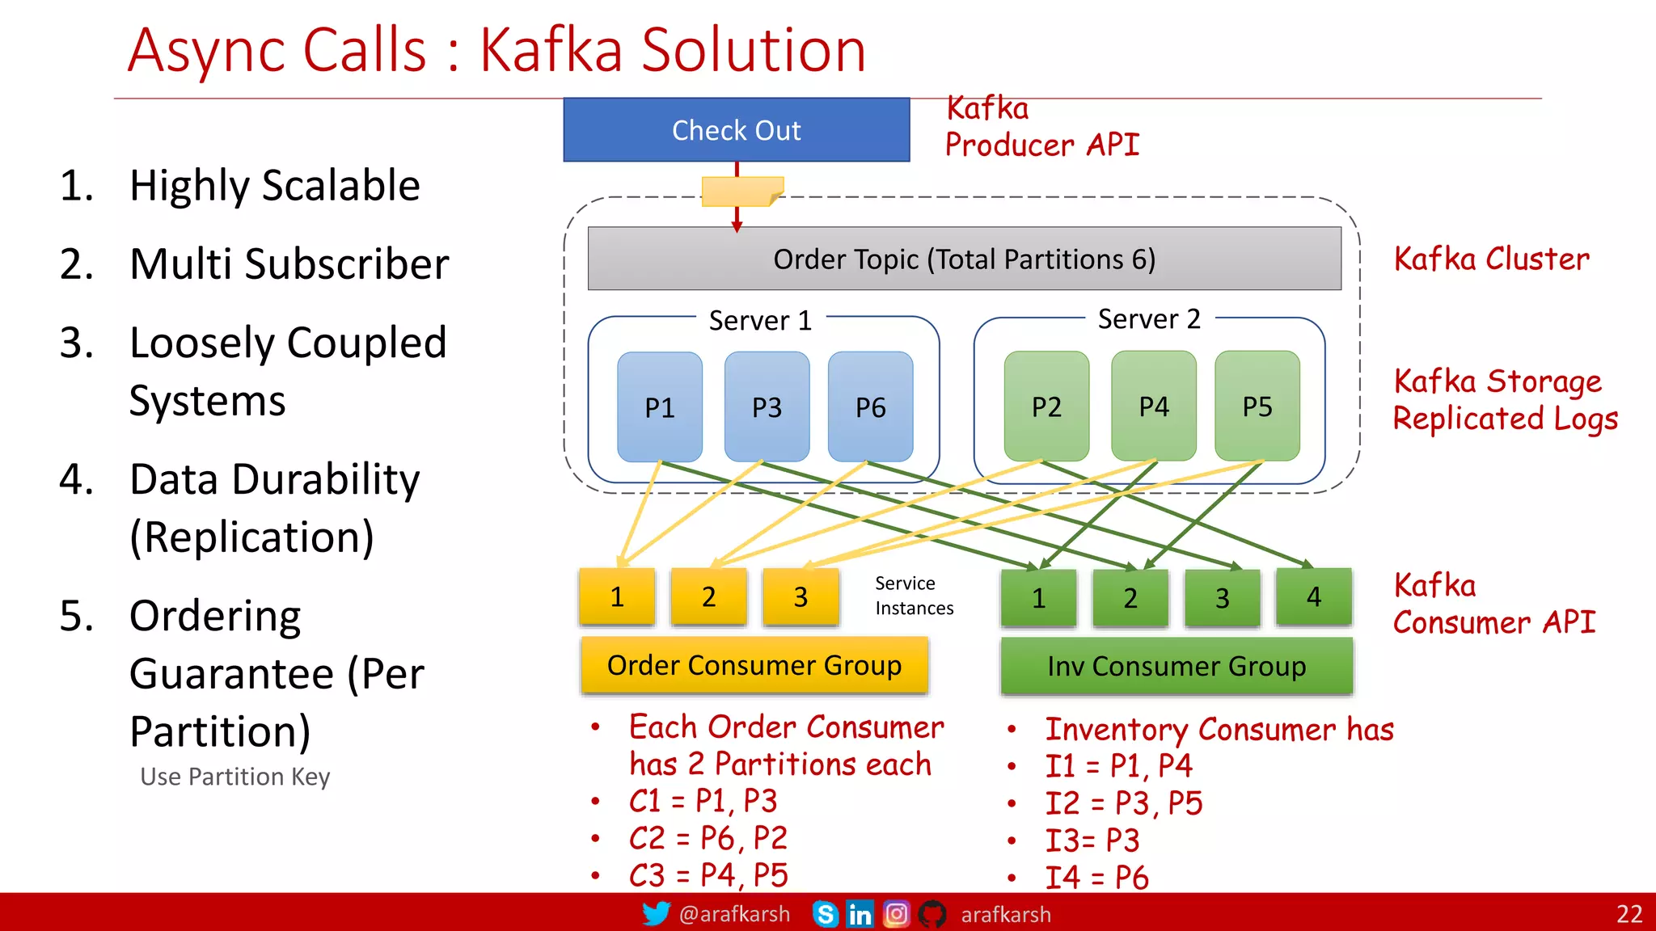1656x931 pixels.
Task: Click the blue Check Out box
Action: coord(736,130)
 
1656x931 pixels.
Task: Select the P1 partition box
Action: coord(659,407)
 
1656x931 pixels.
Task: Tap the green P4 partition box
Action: coord(1153,406)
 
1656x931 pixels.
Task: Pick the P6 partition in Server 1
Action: coord(870,407)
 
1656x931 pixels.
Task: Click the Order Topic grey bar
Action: coord(964,259)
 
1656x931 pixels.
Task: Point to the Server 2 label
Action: coord(1148,319)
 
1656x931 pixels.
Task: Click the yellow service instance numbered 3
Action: coord(801,597)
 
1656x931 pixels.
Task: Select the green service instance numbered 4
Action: coord(1313,597)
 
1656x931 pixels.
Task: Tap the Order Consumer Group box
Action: coord(754,665)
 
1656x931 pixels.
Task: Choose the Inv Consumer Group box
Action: coord(1176,666)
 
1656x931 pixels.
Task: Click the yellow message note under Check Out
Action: coord(741,192)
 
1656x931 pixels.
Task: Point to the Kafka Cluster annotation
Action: coord(1491,259)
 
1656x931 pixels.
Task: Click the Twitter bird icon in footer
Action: coord(656,914)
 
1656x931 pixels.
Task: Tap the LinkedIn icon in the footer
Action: coord(860,914)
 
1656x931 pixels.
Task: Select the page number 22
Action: coord(1629,914)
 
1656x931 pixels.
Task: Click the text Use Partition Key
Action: coord(234,777)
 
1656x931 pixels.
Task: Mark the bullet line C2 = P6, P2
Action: coord(708,838)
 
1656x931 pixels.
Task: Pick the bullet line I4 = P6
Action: coord(1096,877)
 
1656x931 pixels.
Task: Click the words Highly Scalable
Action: coord(274,186)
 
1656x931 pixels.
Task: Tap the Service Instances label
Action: coord(914,596)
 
